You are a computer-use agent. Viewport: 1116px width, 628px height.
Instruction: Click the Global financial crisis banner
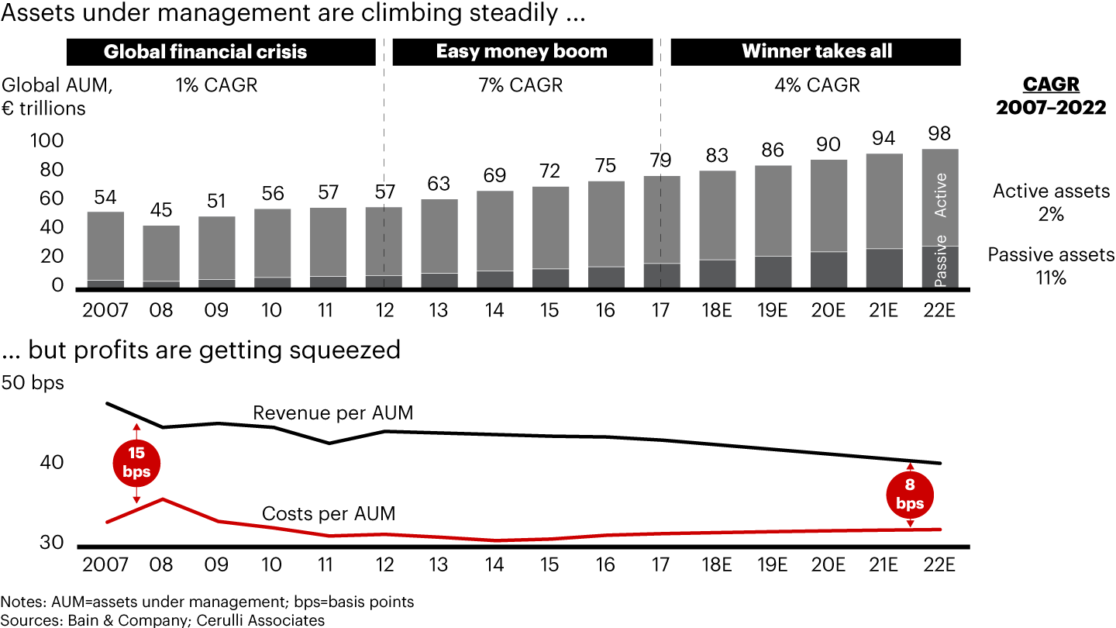205,52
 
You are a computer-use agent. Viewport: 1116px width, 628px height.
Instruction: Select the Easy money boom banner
522,52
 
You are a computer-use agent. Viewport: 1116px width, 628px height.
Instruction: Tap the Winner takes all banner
816,52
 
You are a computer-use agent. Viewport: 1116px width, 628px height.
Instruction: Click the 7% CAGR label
521,85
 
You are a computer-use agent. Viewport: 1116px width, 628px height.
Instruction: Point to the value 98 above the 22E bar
939,133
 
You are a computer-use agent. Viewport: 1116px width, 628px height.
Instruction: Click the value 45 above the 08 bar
161,210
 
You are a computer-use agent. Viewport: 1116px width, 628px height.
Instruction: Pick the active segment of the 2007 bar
105,245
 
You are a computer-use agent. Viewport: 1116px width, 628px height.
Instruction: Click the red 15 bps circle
136,462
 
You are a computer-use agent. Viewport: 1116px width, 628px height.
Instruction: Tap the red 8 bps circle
910,495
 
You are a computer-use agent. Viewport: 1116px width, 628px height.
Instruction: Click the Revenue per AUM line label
333,413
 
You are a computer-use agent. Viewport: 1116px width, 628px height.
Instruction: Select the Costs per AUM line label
329,513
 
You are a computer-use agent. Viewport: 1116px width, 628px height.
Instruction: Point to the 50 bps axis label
34,382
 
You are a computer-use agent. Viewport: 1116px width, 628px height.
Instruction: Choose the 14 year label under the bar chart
494,310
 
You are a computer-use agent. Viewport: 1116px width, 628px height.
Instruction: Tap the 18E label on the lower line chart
716,564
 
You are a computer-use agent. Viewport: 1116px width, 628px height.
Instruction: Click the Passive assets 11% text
1051,266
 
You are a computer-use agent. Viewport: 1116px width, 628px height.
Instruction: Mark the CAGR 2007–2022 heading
1051,95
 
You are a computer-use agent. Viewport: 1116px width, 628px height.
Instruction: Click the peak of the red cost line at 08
161,499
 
